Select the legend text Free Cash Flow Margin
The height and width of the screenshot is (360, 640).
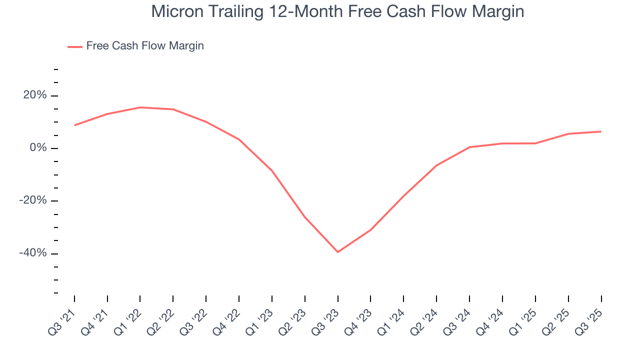pyautogui.click(x=145, y=46)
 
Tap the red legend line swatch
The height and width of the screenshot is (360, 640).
pyautogui.click(x=75, y=46)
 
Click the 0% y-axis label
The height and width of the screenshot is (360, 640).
pyautogui.click(x=38, y=148)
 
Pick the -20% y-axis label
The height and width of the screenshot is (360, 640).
pyautogui.click(x=33, y=200)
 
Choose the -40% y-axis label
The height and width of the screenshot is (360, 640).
pyautogui.click(x=33, y=253)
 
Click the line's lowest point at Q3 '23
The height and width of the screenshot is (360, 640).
pyautogui.click(x=337, y=252)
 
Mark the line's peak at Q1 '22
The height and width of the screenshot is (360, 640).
pyautogui.click(x=140, y=107)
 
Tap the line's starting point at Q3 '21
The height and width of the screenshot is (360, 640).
pyautogui.click(x=74, y=125)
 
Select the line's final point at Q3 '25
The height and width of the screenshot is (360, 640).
pyautogui.click(x=601, y=131)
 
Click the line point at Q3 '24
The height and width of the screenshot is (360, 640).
pyautogui.click(x=469, y=147)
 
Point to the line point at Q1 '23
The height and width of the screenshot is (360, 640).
pyautogui.click(x=272, y=171)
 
